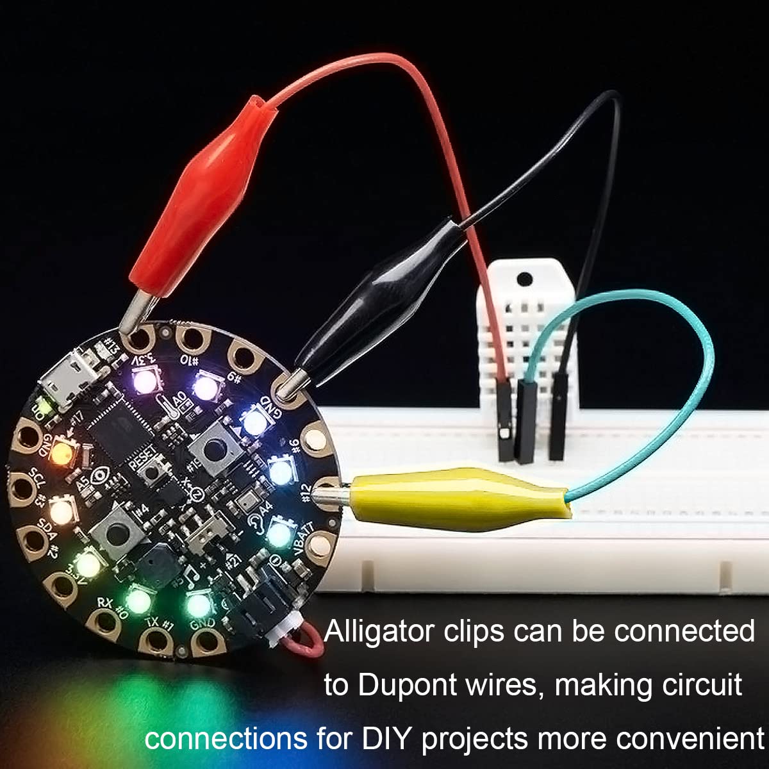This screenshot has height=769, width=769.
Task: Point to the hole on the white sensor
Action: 524,279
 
